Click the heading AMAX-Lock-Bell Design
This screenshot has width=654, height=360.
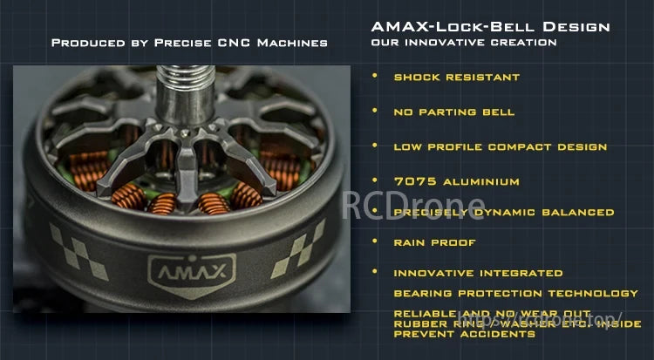point(490,26)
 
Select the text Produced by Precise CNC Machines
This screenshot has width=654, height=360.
point(189,42)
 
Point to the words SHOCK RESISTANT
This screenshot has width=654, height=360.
point(456,77)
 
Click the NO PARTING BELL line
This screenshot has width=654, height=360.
point(453,112)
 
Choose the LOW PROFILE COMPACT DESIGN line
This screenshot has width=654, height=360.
point(500,146)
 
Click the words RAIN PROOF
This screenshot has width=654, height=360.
point(434,242)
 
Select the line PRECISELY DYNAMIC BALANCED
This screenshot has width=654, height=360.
point(503,212)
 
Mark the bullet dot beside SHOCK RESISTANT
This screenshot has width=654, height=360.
point(375,76)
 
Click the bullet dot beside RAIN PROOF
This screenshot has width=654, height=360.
point(375,241)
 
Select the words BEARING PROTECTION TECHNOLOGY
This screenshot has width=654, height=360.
point(515,293)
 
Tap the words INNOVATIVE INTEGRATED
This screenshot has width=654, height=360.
point(478,273)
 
